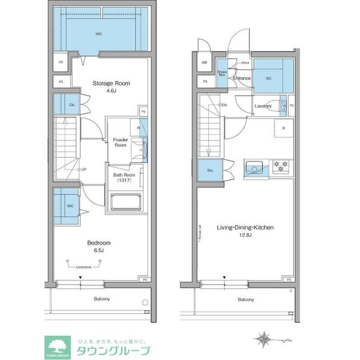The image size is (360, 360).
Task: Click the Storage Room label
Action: click(x=111, y=83)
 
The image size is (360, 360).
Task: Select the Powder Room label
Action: click(x=120, y=142)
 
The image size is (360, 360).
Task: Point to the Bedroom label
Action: click(x=98, y=243)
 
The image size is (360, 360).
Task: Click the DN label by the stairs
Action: click(x=223, y=105)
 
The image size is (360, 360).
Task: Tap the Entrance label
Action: click(x=241, y=78)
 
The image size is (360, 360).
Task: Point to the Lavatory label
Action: click(x=263, y=106)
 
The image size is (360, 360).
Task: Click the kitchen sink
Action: click(x=253, y=167)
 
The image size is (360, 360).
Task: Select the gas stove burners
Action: click(x=280, y=166)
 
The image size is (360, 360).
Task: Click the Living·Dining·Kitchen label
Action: click(x=245, y=228)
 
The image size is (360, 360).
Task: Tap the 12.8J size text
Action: click(x=245, y=236)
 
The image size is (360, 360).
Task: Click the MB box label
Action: click(x=204, y=62)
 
